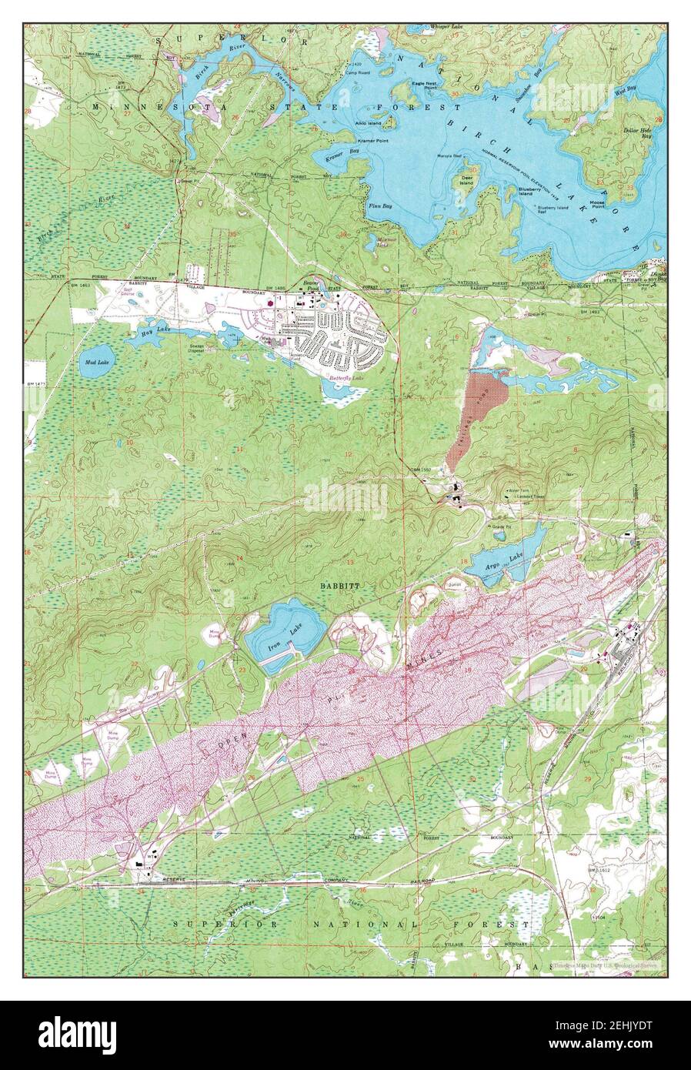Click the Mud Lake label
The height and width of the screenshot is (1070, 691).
tap(98, 361)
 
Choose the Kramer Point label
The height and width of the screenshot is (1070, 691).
tap(372, 142)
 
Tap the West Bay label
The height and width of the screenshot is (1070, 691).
tap(625, 91)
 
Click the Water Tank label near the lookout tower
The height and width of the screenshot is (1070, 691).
tap(517, 489)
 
